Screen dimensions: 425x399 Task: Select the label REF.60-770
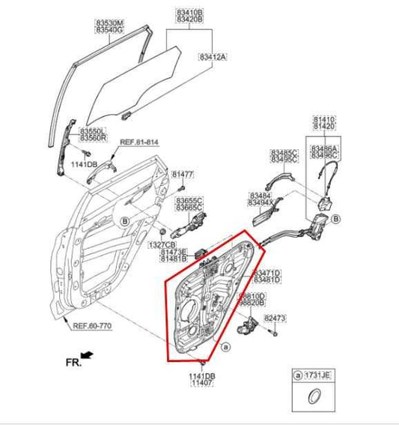click(x=92, y=325)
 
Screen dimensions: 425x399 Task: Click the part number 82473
click(x=275, y=319)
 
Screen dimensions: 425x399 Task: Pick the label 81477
click(x=183, y=175)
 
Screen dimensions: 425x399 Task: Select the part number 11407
click(x=201, y=383)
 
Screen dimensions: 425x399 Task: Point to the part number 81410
click(x=323, y=119)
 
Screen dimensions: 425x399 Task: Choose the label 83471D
click(x=266, y=273)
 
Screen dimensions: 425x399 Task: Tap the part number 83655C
click(x=189, y=201)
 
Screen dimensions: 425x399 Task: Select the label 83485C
click(x=284, y=152)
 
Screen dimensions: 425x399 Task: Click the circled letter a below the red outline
click(x=225, y=347)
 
